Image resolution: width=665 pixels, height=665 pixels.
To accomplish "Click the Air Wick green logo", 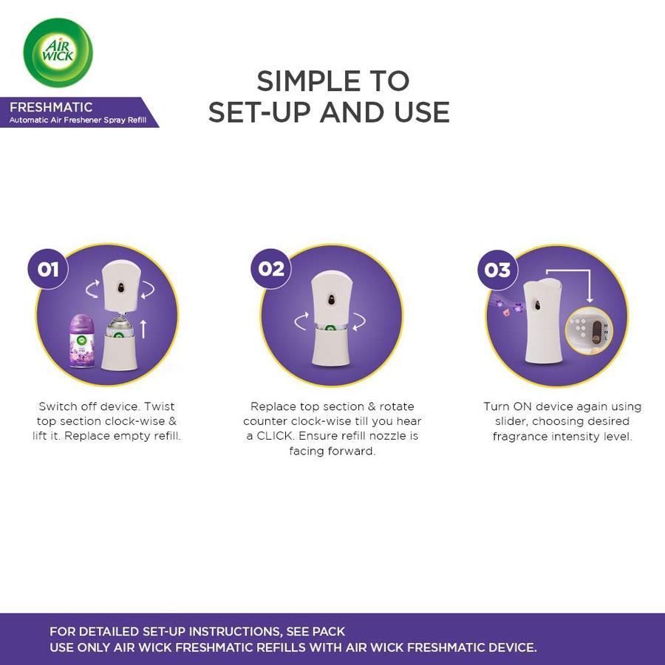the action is pos(58,52).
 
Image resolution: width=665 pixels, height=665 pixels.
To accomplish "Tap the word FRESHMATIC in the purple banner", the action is pos(51,107).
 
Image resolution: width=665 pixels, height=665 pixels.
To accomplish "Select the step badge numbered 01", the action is pos(48,269).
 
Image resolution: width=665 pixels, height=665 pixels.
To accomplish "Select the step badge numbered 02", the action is pos(271,269).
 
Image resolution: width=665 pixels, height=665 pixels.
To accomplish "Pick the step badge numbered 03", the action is pos(497,270).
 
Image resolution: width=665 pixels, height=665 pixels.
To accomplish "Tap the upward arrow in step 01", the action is pos(143,329).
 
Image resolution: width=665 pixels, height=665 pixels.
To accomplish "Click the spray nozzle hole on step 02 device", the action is pos(331,299).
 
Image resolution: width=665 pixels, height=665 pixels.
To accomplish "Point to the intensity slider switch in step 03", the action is pos(597,333).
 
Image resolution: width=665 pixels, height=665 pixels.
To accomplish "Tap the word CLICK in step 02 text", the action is pos(276,436).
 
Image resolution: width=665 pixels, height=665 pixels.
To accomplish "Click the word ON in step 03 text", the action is pos(522,406).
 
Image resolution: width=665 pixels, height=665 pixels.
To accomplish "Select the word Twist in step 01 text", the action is pos(159,406).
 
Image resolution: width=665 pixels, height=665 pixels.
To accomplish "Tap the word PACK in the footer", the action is pos(330,632).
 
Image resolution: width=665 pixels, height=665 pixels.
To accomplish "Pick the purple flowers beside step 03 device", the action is pos(507,306).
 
